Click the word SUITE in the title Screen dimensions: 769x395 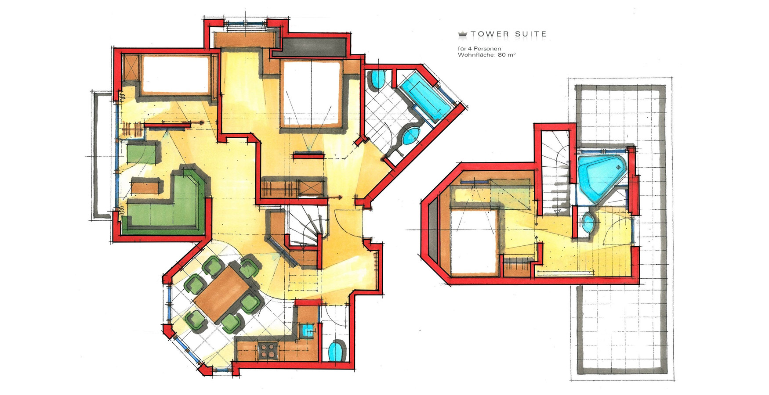click(x=531, y=34)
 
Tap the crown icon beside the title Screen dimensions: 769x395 click(x=462, y=34)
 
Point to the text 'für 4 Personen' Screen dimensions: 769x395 click(x=479, y=48)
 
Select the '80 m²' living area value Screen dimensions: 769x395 click(x=507, y=55)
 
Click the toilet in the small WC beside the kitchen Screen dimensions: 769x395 click(x=337, y=351)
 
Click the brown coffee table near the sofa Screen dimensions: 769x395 click(x=145, y=186)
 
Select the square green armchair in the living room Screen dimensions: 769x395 click(x=142, y=153)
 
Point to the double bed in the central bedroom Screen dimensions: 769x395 click(x=311, y=94)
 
